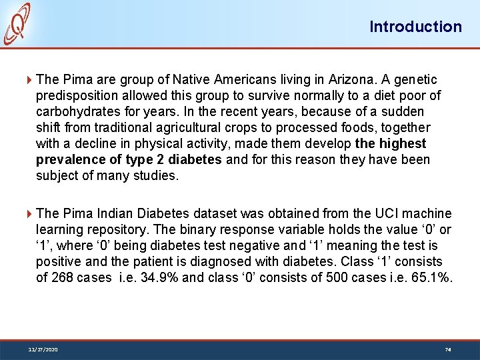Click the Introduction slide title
[x=415, y=27]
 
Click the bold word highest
[x=403, y=143]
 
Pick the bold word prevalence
[x=67, y=159]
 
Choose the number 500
[x=332, y=277]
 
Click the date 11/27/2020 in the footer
[x=43, y=349]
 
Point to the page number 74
[x=447, y=349]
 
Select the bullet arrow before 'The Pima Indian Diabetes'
[x=29, y=214]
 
